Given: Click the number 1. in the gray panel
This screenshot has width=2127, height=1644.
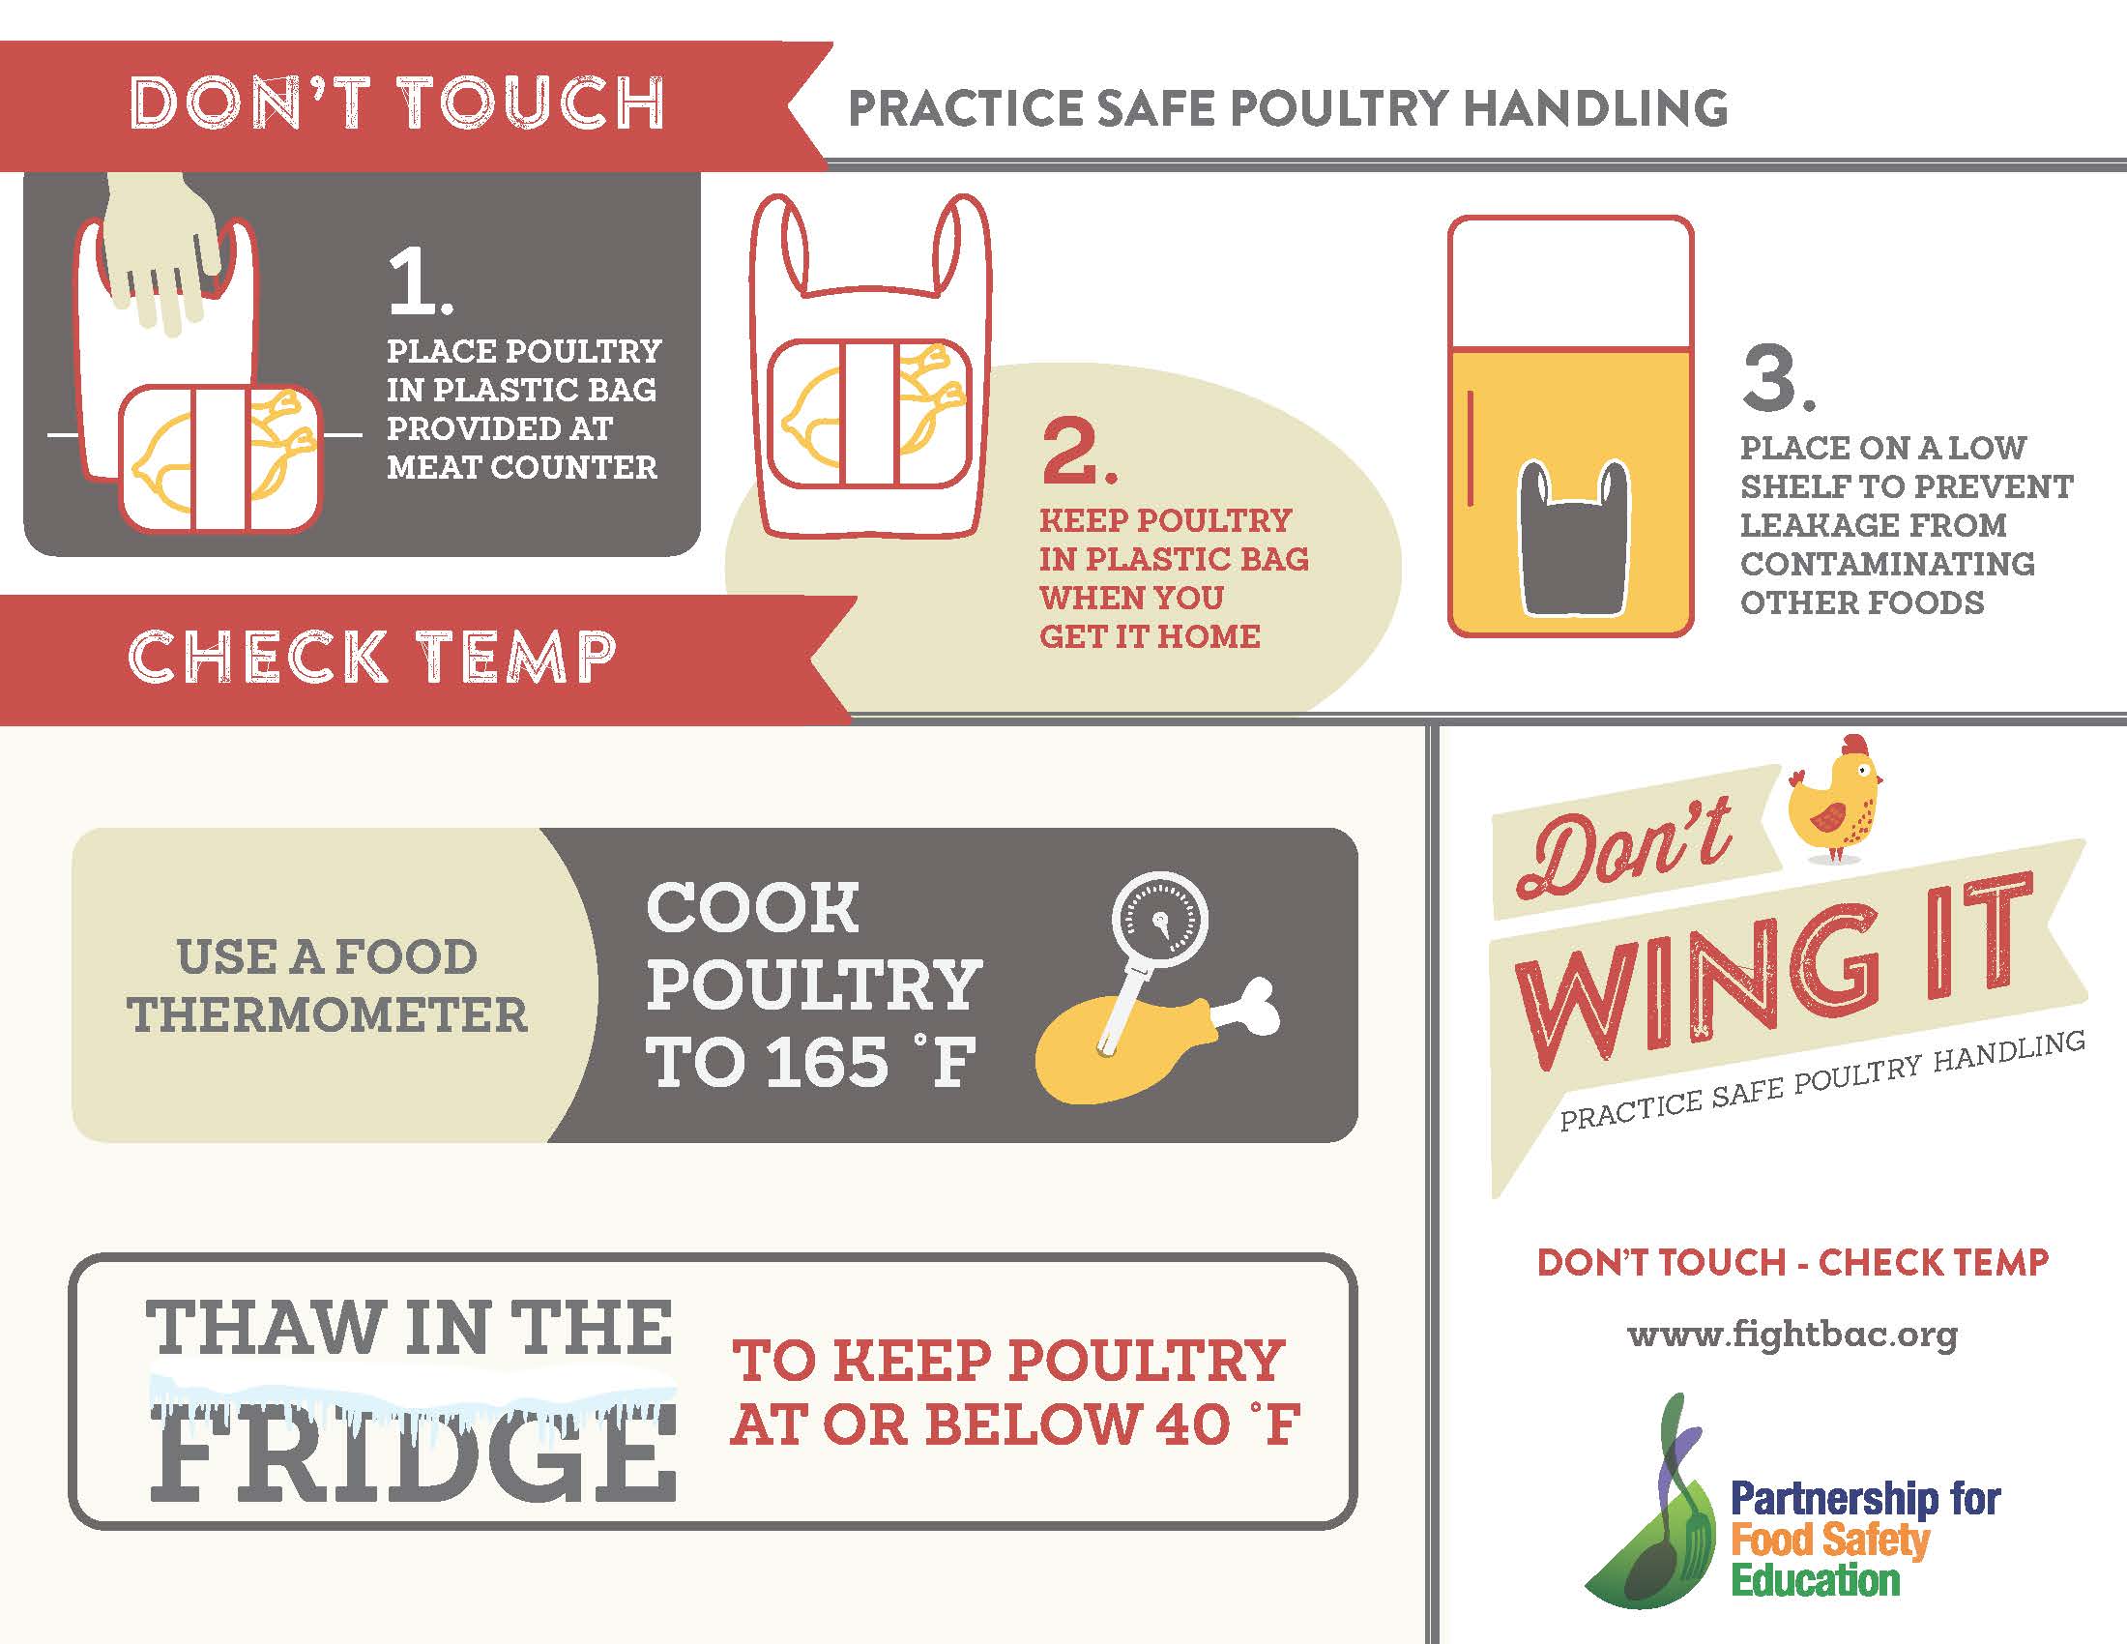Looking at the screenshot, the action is click(x=420, y=282).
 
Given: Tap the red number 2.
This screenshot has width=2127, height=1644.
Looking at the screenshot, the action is click(x=1078, y=452).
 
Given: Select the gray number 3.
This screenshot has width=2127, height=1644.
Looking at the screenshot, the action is click(x=1778, y=379).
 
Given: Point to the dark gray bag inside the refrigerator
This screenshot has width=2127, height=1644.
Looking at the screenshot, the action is click(x=1575, y=539).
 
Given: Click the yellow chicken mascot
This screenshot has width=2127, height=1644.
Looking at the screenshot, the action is click(x=1835, y=799).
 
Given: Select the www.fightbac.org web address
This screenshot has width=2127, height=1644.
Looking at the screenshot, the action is click(x=1792, y=1334).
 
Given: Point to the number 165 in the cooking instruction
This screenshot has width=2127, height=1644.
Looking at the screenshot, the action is click(x=827, y=1061).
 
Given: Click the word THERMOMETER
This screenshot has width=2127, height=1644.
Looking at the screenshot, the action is click(x=327, y=1014).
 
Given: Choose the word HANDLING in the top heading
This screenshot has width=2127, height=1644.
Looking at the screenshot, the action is click(x=1595, y=107).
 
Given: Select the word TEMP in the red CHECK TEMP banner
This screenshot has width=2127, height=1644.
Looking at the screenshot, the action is click(x=517, y=656).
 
